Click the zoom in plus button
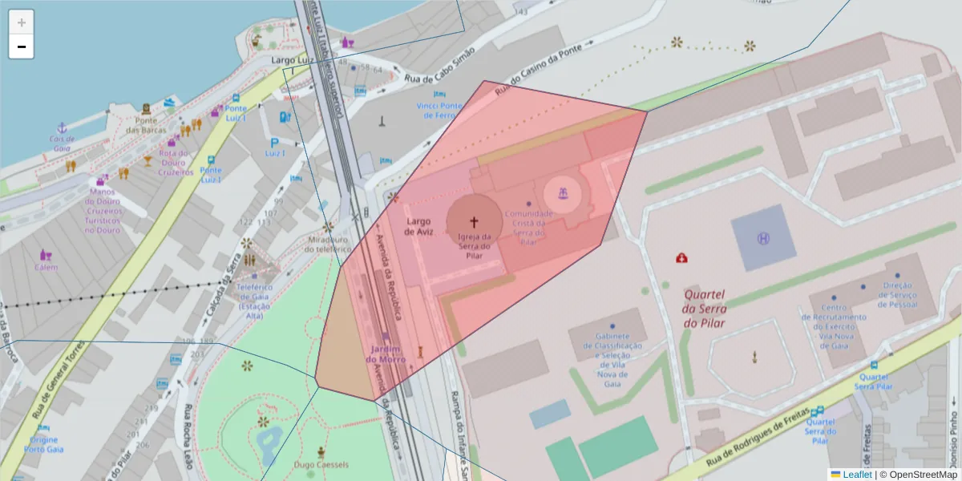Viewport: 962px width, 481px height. [x=21, y=22]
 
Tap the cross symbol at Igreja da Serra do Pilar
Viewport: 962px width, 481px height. [x=474, y=221]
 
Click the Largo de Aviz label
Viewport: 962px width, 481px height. [x=419, y=226]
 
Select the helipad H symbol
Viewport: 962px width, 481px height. [x=762, y=237]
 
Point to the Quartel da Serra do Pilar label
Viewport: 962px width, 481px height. [x=705, y=309]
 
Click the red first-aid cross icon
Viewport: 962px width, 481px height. [x=681, y=258]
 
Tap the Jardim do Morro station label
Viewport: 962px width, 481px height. [x=386, y=354]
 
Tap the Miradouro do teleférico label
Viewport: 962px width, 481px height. [x=329, y=244]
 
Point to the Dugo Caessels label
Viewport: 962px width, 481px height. [x=321, y=465]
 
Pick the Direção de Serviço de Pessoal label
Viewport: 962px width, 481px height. [x=898, y=295]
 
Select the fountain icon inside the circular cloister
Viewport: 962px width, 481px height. [x=563, y=193]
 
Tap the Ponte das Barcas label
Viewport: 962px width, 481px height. [x=146, y=125]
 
